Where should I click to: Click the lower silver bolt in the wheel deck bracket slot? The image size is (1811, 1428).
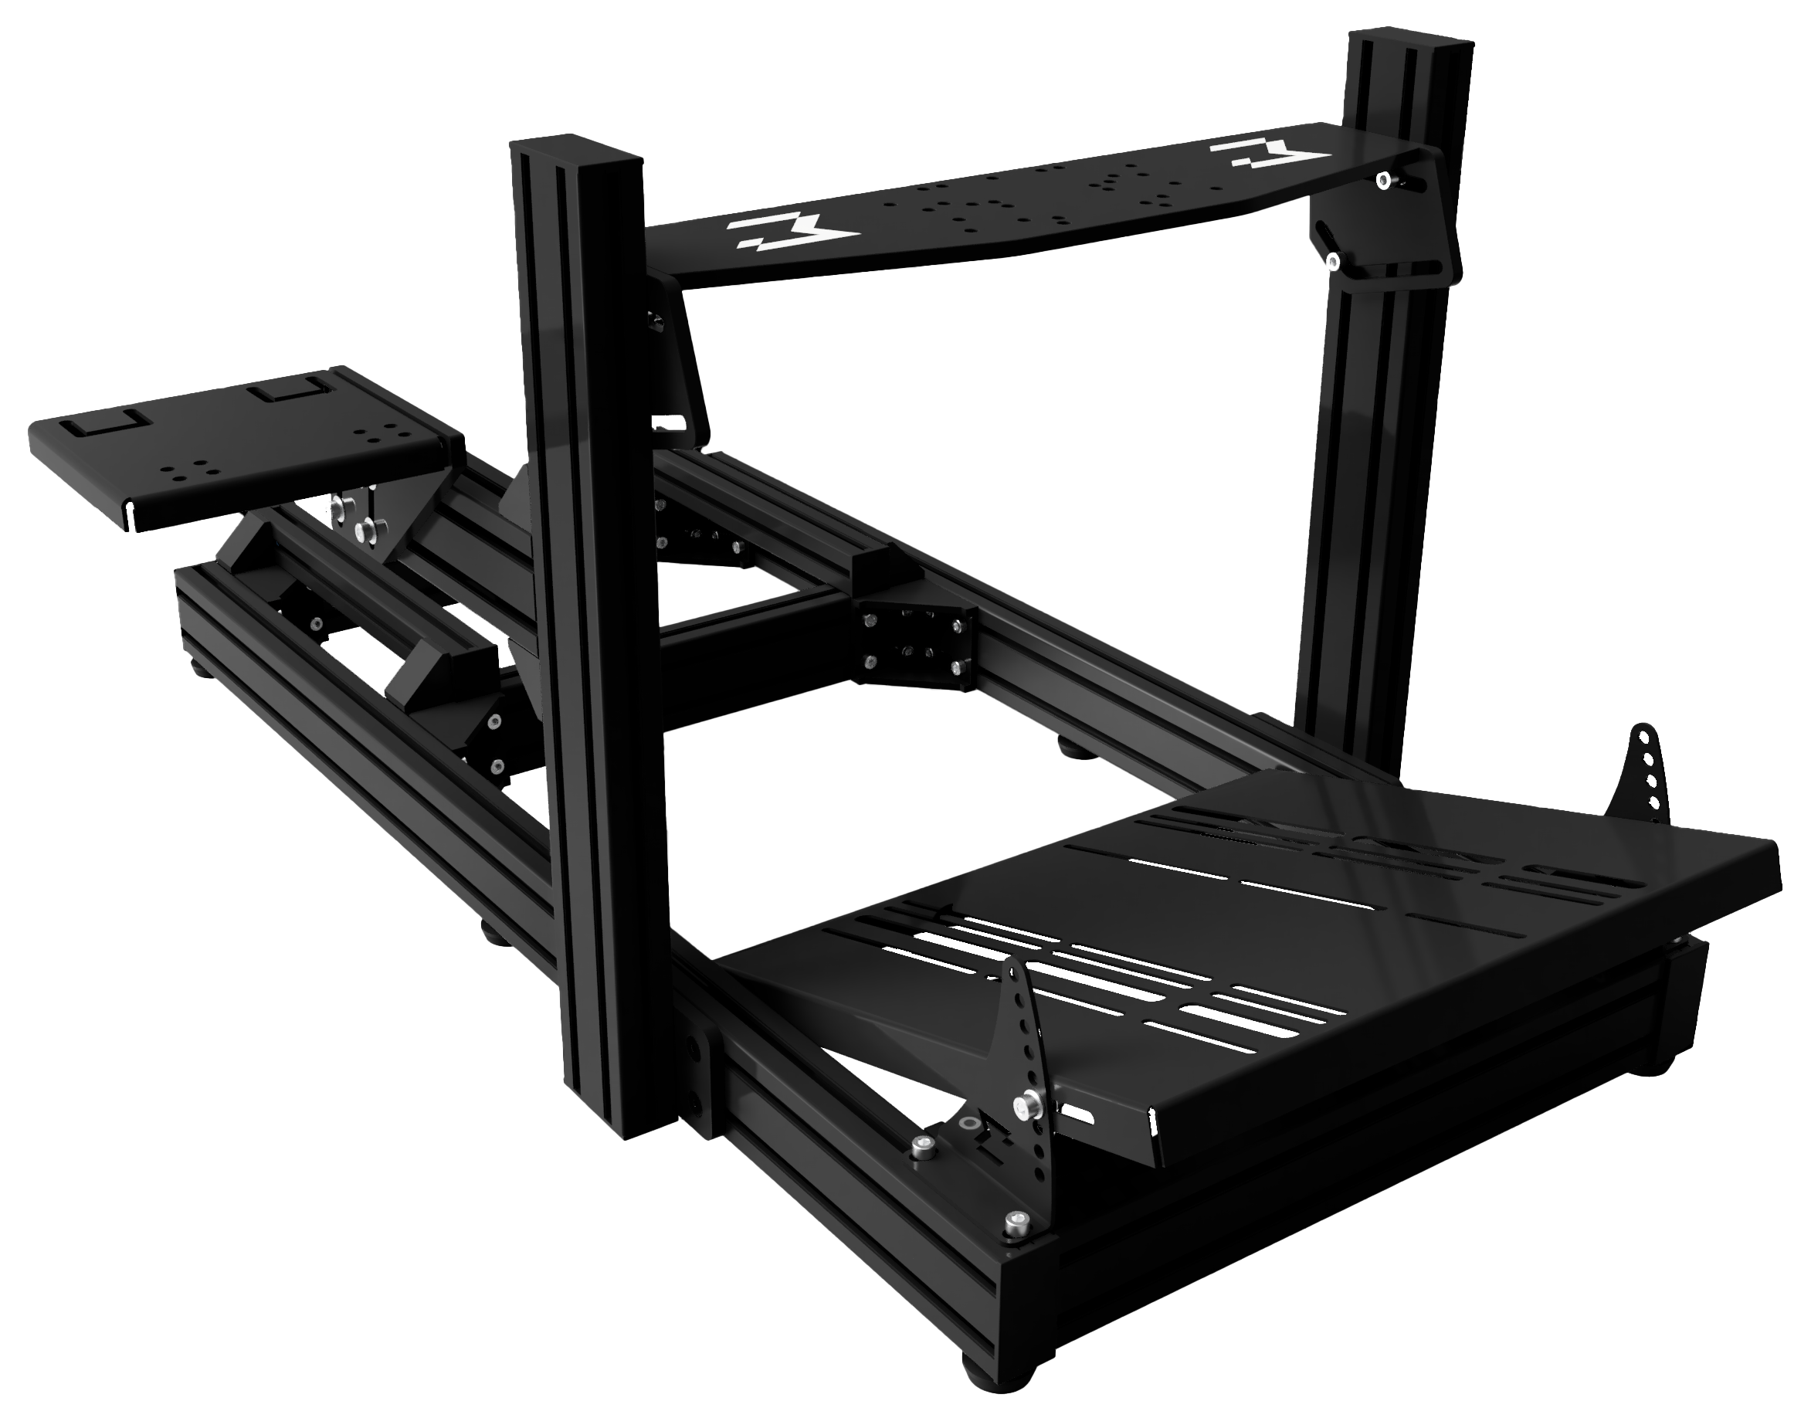pos(1328,262)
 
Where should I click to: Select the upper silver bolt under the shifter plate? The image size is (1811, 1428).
pos(337,504)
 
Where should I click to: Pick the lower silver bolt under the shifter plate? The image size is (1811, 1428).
pos(365,528)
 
